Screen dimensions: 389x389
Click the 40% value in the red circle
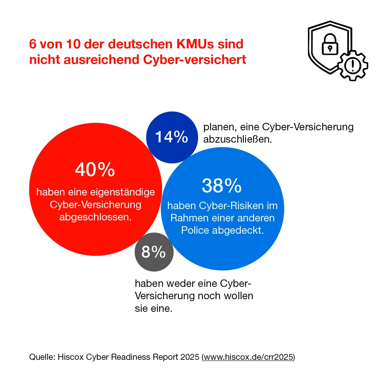point(95,170)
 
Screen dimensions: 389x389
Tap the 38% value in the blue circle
point(222,186)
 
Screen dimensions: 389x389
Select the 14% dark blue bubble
point(172,137)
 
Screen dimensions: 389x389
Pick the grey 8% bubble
point(154,252)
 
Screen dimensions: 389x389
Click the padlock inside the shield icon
point(330,45)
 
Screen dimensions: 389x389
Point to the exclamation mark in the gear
point(352,66)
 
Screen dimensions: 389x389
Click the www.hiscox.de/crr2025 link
point(248,357)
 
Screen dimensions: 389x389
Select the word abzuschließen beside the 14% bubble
point(237,139)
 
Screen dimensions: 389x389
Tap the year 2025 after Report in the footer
point(190,357)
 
